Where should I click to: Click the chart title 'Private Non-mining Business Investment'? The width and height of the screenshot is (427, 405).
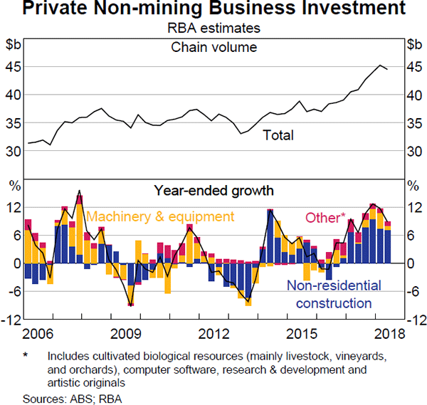pos(213,11)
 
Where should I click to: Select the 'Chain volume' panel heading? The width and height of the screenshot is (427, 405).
pos(213,48)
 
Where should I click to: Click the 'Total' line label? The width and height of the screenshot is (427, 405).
pos(278,135)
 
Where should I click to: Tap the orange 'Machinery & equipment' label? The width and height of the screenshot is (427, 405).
pos(159,216)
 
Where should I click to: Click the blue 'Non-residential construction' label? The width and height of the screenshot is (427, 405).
pos(329,295)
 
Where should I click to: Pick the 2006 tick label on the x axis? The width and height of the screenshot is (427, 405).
pos(38,334)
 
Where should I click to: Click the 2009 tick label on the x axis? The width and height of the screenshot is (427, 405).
pos(125,334)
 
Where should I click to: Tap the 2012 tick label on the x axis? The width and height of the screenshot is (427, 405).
pos(213,334)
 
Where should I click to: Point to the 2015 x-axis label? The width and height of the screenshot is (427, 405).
pos(302,334)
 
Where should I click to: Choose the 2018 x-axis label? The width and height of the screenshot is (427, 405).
pos(389,334)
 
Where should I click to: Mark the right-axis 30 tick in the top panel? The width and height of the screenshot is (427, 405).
pos(414,152)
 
